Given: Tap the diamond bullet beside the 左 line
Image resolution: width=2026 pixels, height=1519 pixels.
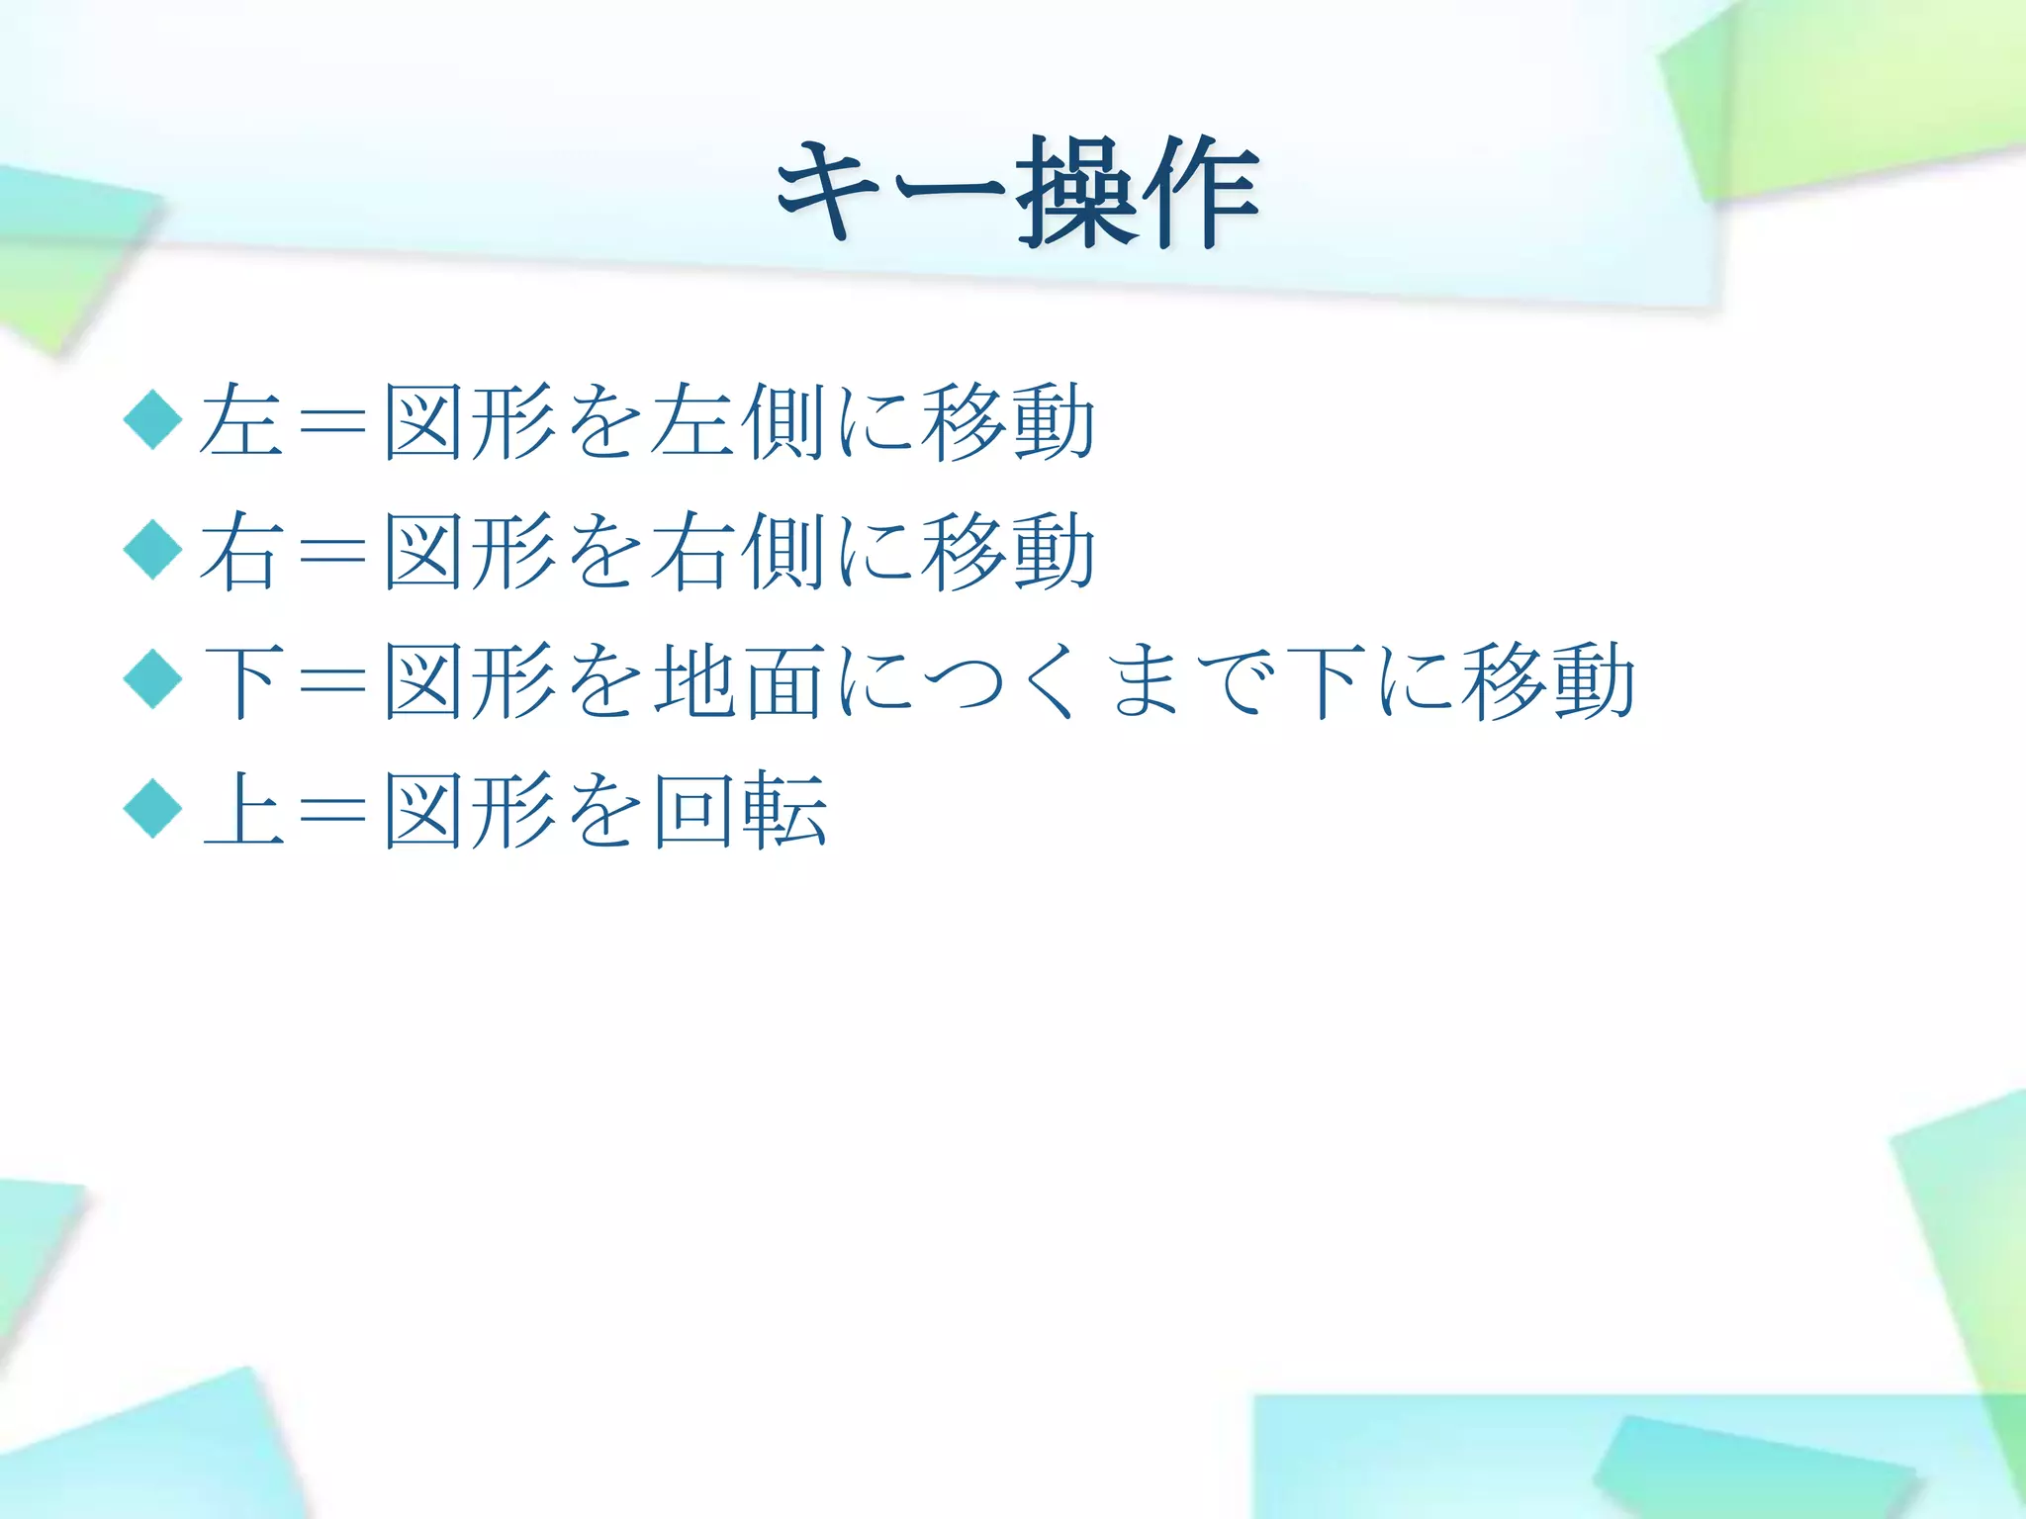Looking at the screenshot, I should (153, 419).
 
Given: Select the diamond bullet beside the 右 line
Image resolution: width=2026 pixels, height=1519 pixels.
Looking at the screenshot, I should (153, 550).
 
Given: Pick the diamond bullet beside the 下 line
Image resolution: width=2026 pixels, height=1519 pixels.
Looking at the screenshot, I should (153, 679).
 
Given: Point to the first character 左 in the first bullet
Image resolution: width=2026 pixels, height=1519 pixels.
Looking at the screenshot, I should (240, 421).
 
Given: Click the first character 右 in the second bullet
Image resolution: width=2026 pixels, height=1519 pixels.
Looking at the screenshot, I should (240, 551).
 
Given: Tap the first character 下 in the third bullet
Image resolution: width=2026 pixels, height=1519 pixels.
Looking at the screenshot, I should (240, 680).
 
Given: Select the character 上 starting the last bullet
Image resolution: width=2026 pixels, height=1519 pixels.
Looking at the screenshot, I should (240, 810).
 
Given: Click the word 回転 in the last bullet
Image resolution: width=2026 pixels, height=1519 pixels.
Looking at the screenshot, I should (740, 810).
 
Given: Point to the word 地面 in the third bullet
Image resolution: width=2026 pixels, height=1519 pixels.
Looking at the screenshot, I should (740, 680).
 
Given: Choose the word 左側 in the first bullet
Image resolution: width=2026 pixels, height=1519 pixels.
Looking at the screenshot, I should (740, 421).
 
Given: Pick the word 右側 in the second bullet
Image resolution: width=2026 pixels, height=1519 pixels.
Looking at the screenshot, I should (740, 551).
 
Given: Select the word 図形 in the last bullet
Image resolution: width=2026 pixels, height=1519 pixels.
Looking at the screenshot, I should (470, 810).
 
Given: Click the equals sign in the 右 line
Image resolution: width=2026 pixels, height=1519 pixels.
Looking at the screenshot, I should (331, 552).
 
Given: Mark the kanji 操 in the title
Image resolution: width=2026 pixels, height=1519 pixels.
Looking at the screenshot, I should (1078, 193).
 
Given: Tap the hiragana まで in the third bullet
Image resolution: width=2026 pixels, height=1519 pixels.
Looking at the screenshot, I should (1187, 680).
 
